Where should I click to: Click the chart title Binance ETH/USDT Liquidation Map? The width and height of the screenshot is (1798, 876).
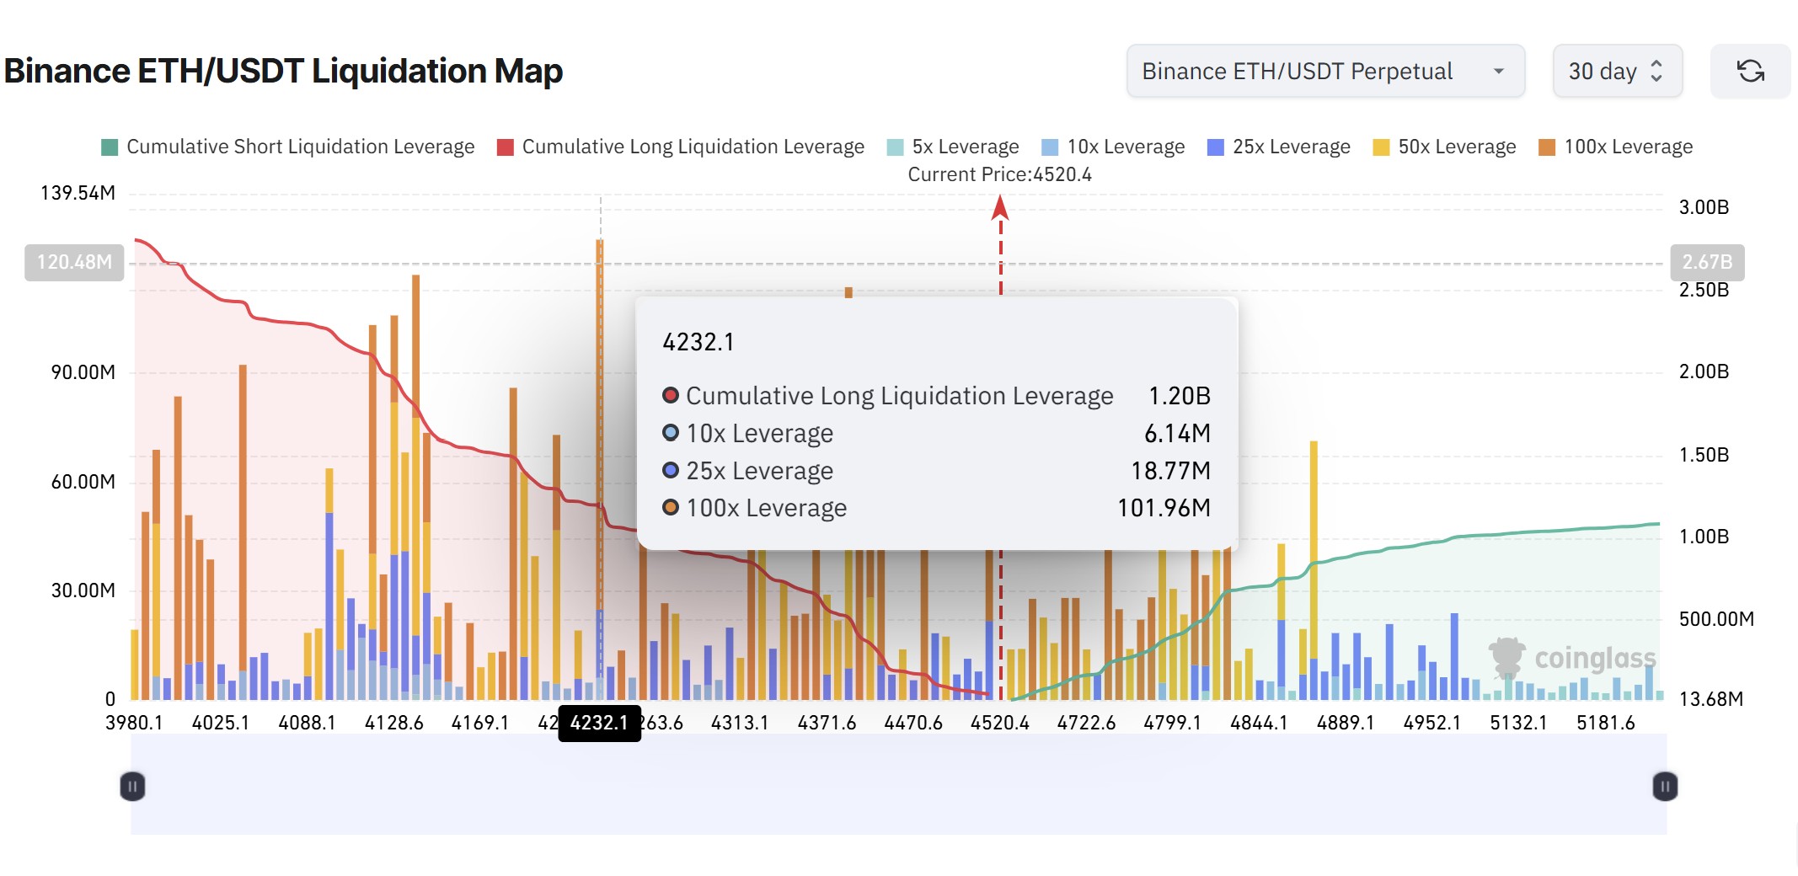(x=283, y=71)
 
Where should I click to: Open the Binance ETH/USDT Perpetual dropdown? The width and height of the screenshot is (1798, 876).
(x=1324, y=72)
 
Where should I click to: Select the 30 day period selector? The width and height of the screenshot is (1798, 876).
(x=1616, y=72)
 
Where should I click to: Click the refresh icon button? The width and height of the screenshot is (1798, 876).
(x=1750, y=72)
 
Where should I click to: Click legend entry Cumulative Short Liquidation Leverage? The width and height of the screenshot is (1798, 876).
(x=287, y=147)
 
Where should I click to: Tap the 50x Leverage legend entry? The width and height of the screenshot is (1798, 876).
(x=1444, y=147)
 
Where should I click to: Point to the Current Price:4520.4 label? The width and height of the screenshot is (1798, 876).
(x=999, y=174)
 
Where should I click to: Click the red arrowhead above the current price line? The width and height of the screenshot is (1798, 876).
(x=1000, y=206)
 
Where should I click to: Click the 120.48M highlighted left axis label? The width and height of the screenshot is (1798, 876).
(x=74, y=262)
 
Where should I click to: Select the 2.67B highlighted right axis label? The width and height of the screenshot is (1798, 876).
(x=1706, y=262)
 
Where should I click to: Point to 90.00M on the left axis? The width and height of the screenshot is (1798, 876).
(x=83, y=372)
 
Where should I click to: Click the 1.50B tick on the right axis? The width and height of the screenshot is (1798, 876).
(x=1703, y=455)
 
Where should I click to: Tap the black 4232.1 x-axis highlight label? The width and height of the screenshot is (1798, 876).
(x=599, y=723)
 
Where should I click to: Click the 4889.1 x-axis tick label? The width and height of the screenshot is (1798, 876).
(x=1345, y=723)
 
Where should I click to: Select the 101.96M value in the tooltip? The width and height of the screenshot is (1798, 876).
(x=1163, y=508)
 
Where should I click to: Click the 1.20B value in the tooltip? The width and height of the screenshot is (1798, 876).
(x=1179, y=396)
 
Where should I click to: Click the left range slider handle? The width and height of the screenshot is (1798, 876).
(x=132, y=787)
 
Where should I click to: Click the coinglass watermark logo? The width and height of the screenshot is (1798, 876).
(x=1572, y=658)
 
